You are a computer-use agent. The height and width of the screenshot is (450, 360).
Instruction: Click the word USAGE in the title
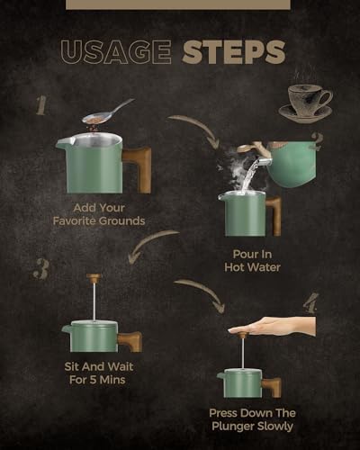click(x=116, y=52)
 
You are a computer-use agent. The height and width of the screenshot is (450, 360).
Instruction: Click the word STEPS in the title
click(x=234, y=52)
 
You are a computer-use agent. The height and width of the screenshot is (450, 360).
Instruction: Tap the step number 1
click(x=41, y=105)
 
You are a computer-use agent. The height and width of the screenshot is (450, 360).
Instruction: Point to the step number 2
click(x=317, y=141)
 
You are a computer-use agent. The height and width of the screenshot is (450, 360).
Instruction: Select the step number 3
click(x=40, y=269)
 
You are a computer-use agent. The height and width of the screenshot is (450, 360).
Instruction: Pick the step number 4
click(x=310, y=303)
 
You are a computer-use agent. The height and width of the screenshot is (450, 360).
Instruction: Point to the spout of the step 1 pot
click(x=61, y=142)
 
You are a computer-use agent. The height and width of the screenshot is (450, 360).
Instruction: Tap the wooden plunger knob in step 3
click(x=94, y=276)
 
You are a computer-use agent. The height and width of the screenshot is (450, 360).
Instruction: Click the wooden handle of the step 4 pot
click(x=272, y=387)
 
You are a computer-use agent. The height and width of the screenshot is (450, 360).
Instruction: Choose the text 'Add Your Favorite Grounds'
click(x=99, y=214)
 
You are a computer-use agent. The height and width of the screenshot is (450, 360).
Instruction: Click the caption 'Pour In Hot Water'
click(x=252, y=261)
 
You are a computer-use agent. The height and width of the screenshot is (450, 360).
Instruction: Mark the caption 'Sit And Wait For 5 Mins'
click(x=98, y=373)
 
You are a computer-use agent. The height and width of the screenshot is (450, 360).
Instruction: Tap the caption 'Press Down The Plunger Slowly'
click(x=252, y=419)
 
